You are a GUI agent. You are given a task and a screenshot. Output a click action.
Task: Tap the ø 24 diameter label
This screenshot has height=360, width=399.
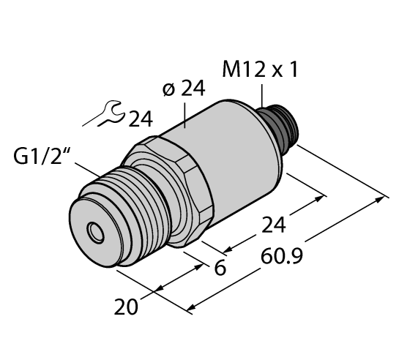tap(183, 90)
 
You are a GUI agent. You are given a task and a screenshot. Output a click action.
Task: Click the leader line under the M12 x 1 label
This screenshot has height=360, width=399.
tap(262, 96)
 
